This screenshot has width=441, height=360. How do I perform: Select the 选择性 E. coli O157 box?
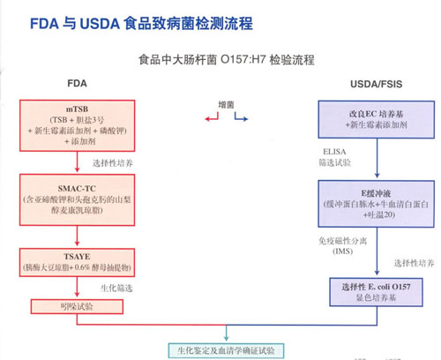coord(377,290)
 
